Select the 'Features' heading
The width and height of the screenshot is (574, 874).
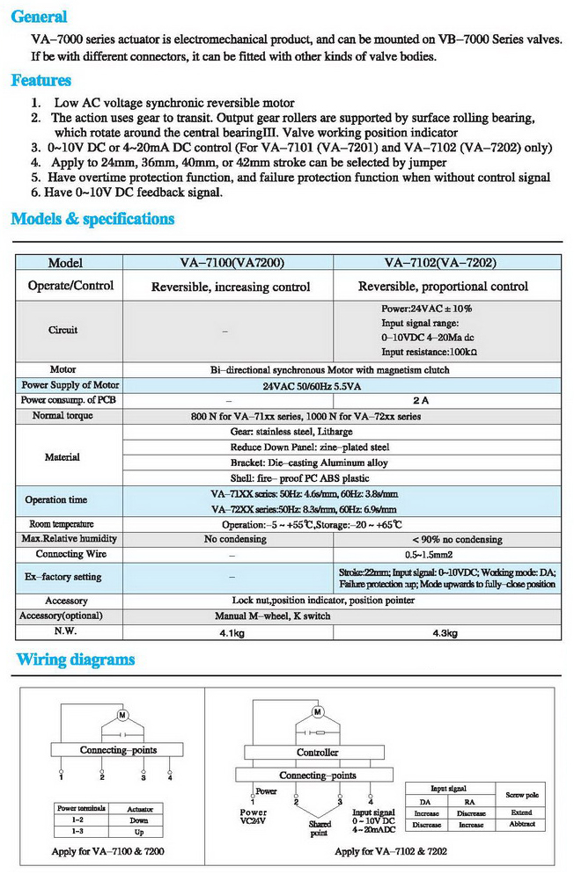[40, 81]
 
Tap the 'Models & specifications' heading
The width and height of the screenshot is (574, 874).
[92, 219]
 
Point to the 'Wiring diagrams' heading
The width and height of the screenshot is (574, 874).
[76, 659]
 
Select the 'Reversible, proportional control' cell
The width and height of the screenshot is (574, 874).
[443, 286]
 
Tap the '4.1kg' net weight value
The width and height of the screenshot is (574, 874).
[231, 632]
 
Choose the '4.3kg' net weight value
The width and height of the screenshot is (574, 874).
[443, 632]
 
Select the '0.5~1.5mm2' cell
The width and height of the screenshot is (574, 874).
[443, 554]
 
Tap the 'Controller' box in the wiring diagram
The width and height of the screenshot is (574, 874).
[317, 753]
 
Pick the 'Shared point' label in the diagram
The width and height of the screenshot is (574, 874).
[319, 828]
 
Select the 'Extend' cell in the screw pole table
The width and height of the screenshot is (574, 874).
[521, 812]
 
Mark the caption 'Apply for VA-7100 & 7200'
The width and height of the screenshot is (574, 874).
[107, 852]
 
